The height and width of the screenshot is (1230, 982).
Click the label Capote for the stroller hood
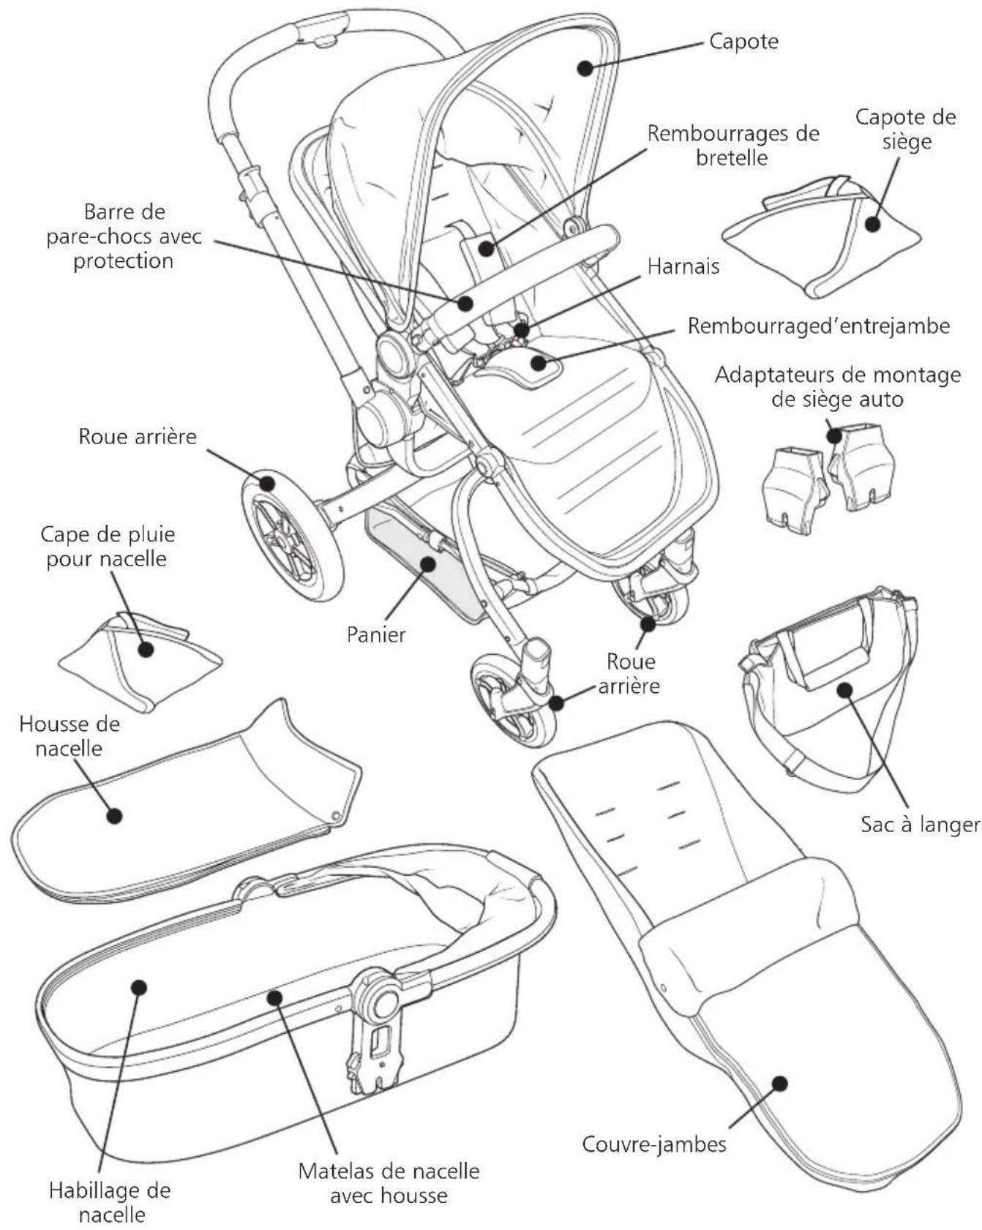pyautogui.click(x=743, y=42)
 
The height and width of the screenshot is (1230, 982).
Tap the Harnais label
pyautogui.click(x=683, y=266)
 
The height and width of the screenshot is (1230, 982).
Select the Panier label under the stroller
pyautogui.click(x=376, y=634)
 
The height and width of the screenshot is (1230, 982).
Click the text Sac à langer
pyautogui.click(x=920, y=825)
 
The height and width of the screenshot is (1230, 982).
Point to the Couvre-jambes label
pyautogui.click(x=654, y=1144)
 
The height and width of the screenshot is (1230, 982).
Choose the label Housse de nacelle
pyautogui.click(x=70, y=736)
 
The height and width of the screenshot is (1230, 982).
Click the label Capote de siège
pyautogui.click(x=906, y=129)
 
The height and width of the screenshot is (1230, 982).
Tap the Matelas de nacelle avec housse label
pyautogui.click(x=389, y=1182)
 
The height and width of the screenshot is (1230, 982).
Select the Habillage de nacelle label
pyautogui.click(x=110, y=1202)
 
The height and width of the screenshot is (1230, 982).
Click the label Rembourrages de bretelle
pyautogui.click(x=733, y=146)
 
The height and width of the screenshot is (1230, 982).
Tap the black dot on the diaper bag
pyautogui.click(x=844, y=689)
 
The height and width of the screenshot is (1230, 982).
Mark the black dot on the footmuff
pyautogui.click(x=780, y=1083)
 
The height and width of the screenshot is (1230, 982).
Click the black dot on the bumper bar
pyautogui.click(x=465, y=303)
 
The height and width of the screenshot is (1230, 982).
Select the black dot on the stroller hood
pyautogui.click(x=584, y=67)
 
